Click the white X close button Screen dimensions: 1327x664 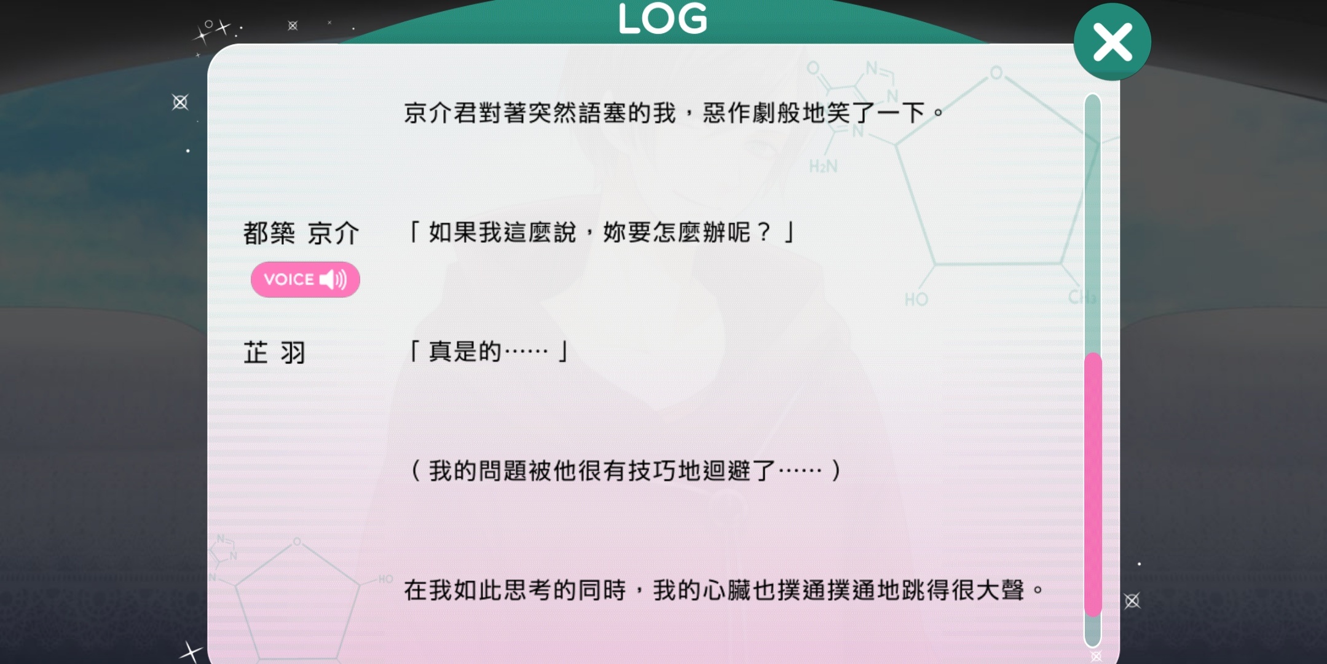(x=1112, y=42)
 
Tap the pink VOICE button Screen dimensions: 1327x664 (x=305, y=279)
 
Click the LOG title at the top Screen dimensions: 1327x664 (x=663, y=18)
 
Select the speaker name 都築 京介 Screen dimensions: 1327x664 (x=301, y=233)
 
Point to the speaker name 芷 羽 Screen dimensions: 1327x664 (x=274, y=352)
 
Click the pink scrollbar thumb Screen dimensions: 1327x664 (x=1092, y=484)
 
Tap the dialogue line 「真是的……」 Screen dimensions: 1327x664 (x=489, y=352)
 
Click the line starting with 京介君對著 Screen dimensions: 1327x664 (x=673, y=113)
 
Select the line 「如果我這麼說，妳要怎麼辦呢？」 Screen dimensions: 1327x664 (x=601, y=232)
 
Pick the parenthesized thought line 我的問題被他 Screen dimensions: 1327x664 (x=625, y=471)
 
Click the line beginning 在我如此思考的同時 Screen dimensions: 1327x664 (x=723, y=590)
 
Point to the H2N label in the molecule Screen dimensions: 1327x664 (x=823, y=167)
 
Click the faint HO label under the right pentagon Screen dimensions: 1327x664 (x=916, y=299)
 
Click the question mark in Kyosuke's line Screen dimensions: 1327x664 (x=764, y=232)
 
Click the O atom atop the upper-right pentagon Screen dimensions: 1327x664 (x=996, y=73)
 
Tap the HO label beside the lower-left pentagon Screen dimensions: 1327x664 (x=385, y=579)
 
